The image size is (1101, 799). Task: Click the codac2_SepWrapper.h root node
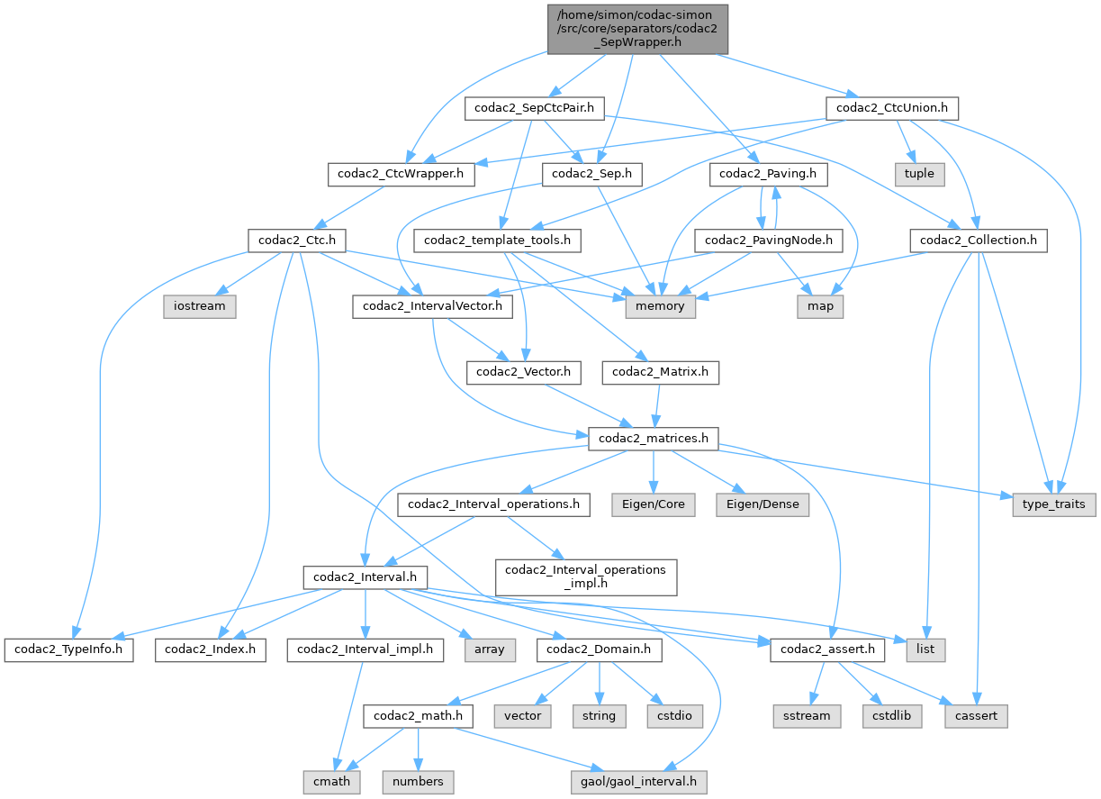[x=636, y=29]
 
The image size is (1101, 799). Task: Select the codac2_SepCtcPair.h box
[x=534, y=109]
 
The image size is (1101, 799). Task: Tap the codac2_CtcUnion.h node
[x=890, y=109]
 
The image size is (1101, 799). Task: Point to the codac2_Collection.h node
[x=978, y=241]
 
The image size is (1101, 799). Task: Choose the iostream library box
[x=200, y=306]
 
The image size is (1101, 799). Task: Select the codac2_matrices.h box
[x=653, y=439]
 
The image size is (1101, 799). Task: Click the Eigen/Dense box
[x=763, y=505]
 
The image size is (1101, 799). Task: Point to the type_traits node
[x=1054, y=505]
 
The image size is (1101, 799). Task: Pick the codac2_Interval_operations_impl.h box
[x=586, y=577]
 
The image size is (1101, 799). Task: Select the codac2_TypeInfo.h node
[x=68, y=649]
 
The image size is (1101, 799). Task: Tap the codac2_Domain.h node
[x=600, y=649]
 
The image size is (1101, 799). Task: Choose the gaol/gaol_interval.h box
[x=639, y=781]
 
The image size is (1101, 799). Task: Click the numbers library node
[x=419, y=781]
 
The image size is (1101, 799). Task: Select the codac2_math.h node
[x=419, y=715]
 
